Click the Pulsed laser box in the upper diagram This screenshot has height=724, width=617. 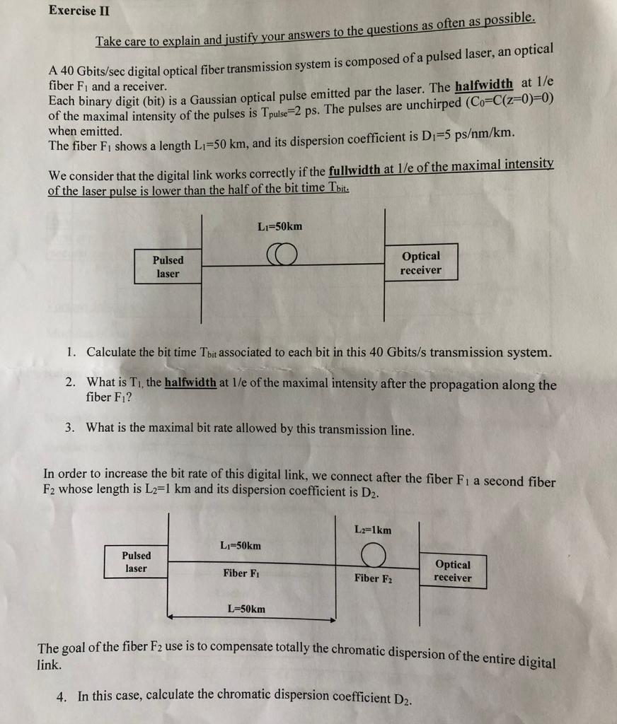point(168,267)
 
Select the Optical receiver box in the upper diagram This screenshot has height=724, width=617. point(421,263)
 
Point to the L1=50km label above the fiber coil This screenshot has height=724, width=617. point(280,226)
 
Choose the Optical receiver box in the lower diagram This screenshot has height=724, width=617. point(453,571)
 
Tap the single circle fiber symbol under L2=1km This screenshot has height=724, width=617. point(373,556)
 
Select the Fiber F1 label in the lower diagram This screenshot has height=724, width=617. point(241,573)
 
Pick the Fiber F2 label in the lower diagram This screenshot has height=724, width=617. point(373,578)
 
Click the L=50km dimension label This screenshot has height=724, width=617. point(246,609)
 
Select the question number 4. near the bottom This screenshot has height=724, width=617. point(62,696)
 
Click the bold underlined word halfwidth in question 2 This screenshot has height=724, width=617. point(190,383)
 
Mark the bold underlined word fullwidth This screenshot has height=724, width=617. point(354,170)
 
